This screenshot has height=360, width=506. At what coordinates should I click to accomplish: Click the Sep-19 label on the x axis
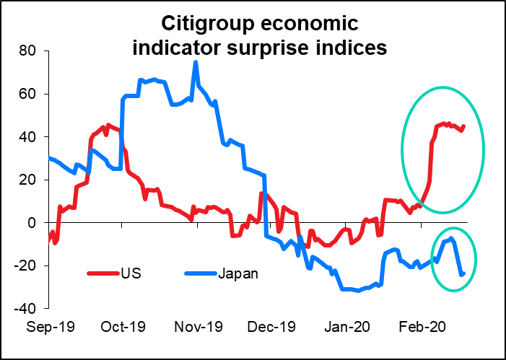(49, 326)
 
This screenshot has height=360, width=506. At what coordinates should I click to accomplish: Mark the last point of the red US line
(463, 126)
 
